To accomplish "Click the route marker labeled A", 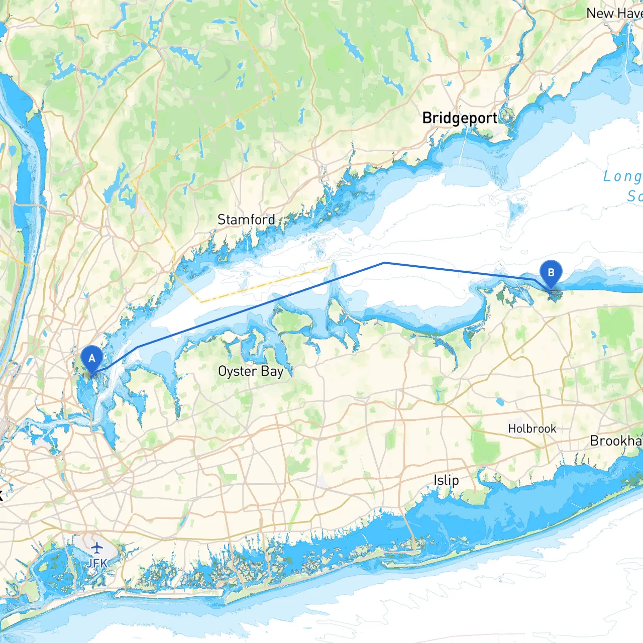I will pyautogui.click(x=91, y=359).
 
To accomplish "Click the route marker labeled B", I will pyautogui.click(x=551, y=273).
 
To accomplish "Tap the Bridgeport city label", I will pyautogui.click(x=459, y=118).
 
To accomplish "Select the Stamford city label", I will pyautogui.click(x=246, y=220).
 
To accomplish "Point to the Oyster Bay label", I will pyautogui.click(x=251, y=371).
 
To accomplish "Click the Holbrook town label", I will pyautogui.click(x=532, y=428).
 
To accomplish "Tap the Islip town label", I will pyautogui.click(x=446, y=480).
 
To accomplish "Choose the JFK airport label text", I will pyautogui.click(x=96, y=563).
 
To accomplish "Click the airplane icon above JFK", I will pyautogui.click(x=96, y=547).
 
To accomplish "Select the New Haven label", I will pyautogui.click(x=614, y=14).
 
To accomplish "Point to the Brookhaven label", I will pyautogui.click(x=616, y=441).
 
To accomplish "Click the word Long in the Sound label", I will pyautogui.click(x=622, y=176).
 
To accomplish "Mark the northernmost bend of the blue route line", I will pyautogui.click(x=384, y=263).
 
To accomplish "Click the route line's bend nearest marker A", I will pyautogui.click(x=138, y=347).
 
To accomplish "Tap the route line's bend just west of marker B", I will pyautogui.click(x=533, y=279).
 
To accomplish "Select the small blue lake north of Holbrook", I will pyautogui.click(x=499, y=401).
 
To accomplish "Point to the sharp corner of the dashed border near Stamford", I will pyautogui.click(x=279, y=91).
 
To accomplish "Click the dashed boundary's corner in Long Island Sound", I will pyautogui.click(x=201, y=302).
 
